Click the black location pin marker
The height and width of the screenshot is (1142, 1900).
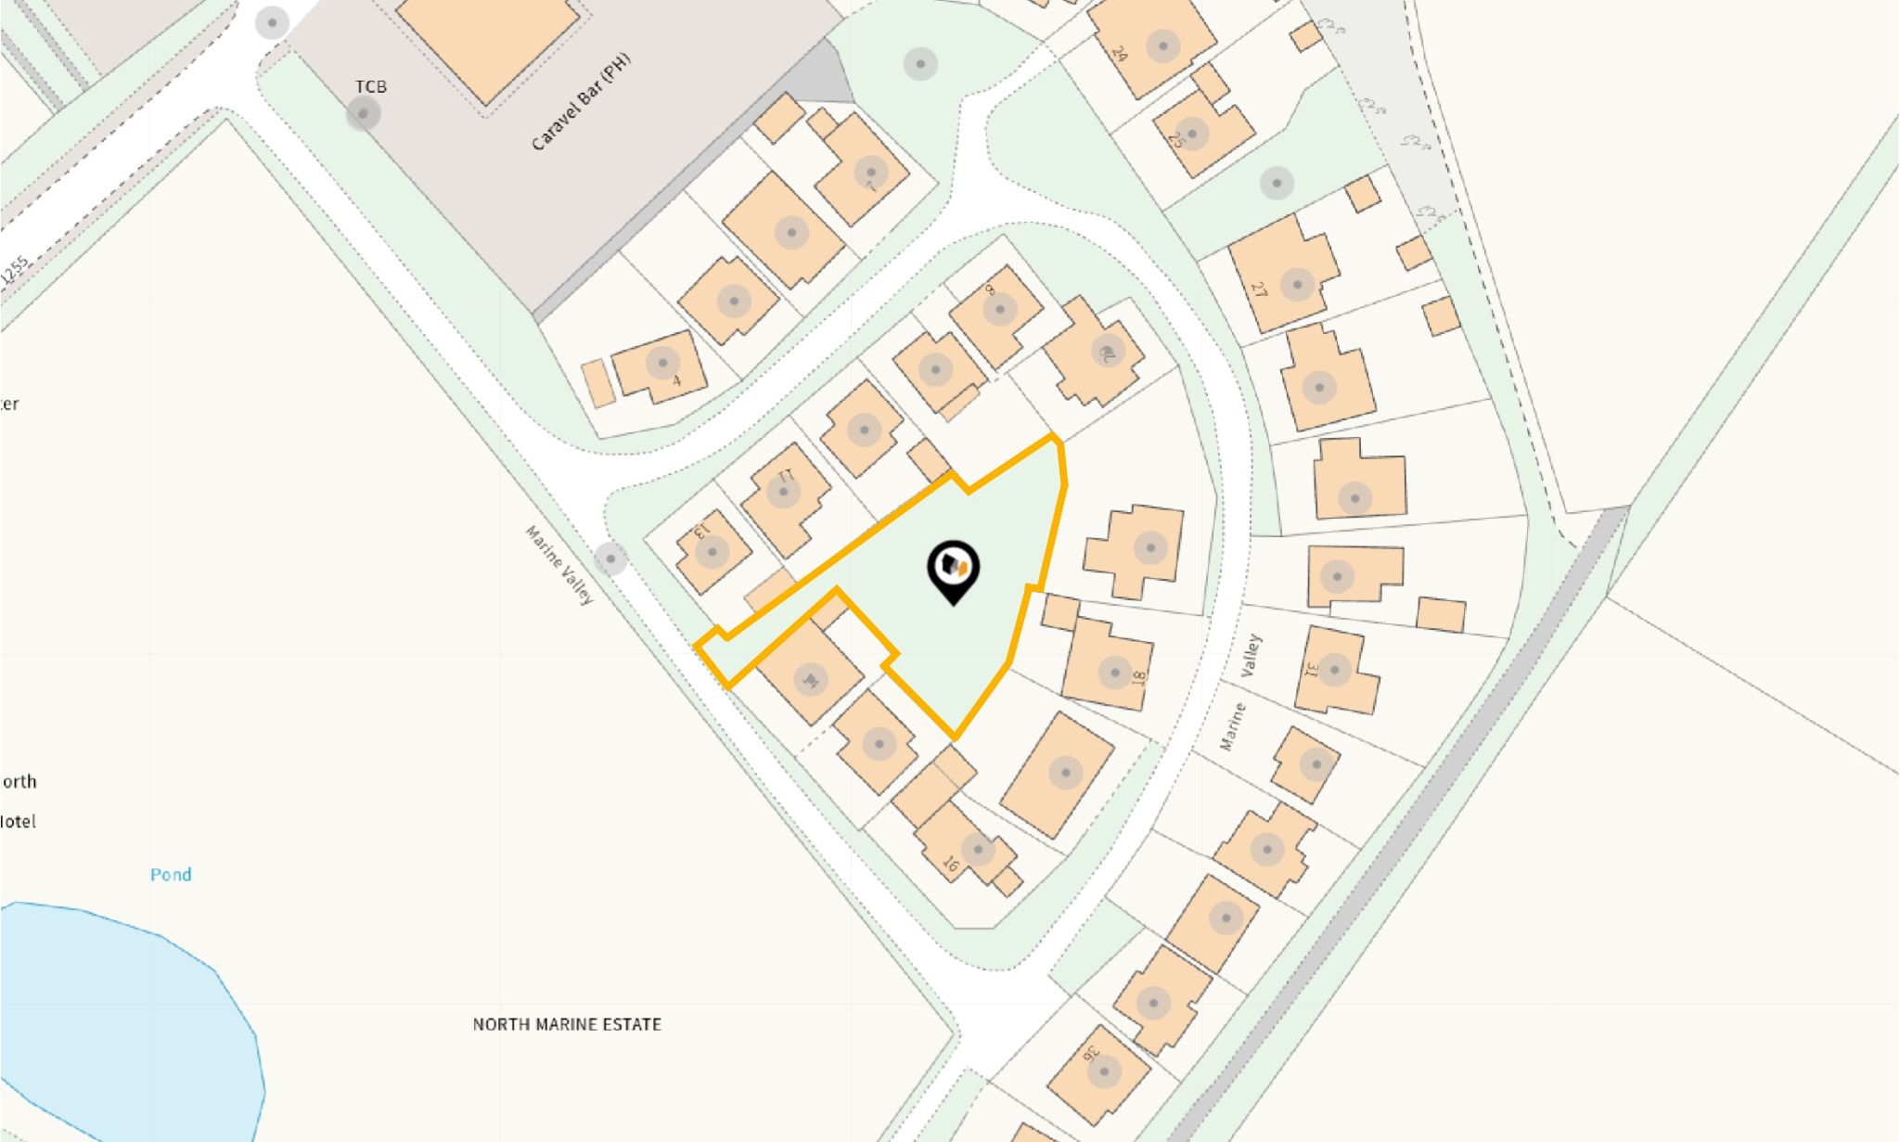(x=954, y=569)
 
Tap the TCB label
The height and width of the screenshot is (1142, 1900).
(x=370, y=86)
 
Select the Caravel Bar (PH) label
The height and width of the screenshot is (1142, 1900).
(x=581, y=102)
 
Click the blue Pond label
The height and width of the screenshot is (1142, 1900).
(x=171, y=874)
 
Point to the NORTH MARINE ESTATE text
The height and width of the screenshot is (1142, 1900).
(x=567, y=1024)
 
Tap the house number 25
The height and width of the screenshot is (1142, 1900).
(x=1176, y=140)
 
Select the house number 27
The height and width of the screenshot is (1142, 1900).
(x=1258, y=289)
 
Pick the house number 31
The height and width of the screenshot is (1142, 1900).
(x=1311, y=670)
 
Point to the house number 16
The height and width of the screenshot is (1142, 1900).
(x=950, y=865)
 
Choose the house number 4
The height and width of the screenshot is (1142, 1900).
(x=676, y=380)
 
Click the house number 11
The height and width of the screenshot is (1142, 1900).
(x=786, y=475)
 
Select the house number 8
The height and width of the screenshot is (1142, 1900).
(x=989, y=289)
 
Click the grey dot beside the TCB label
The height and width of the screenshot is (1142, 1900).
(x=363, y=114)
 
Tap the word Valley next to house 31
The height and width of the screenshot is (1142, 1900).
(x=1253, y=655)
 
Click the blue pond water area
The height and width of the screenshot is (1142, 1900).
(x=111, y=1020)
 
